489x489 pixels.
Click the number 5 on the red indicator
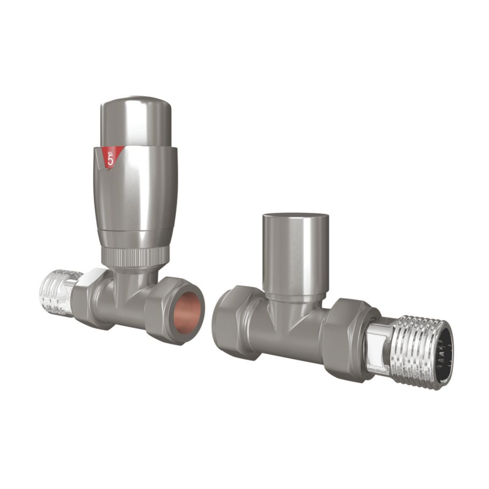[x=111, y=159]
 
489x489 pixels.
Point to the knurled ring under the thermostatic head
[x=135, y=256]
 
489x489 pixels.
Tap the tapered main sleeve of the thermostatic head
[x=135, y=196]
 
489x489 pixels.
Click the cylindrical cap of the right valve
[x=294, y=254]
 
